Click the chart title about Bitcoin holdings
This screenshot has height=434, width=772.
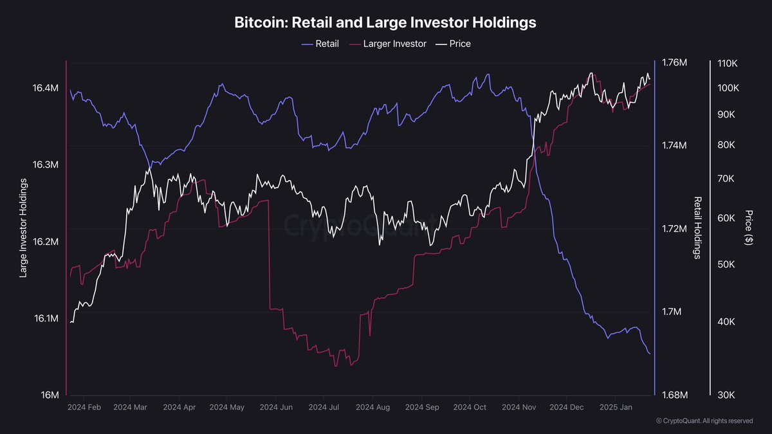(385, 23)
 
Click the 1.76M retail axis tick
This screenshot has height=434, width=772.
(674, 62)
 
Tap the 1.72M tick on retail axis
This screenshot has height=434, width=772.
(674, 229)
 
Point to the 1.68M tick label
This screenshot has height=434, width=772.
(674, 395)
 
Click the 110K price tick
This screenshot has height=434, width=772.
(730, 64)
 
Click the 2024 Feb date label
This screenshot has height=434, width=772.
(84, 408)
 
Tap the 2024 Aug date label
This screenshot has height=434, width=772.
(373, 408)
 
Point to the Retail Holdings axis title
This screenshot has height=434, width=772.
(697, 228)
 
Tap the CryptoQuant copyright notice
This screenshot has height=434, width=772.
(704, 420)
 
